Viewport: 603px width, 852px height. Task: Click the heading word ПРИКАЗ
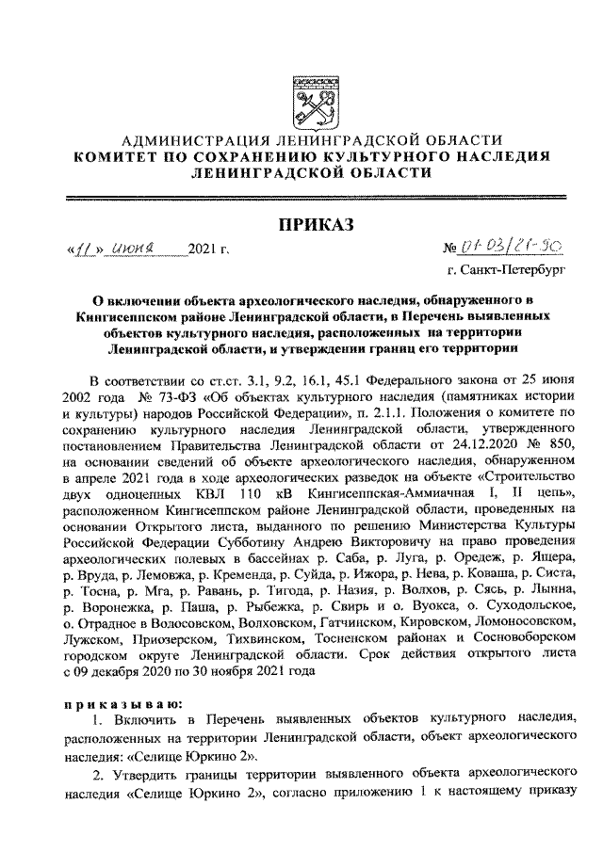click(315, 223)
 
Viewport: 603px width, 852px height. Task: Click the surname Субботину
click(229, 543)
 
